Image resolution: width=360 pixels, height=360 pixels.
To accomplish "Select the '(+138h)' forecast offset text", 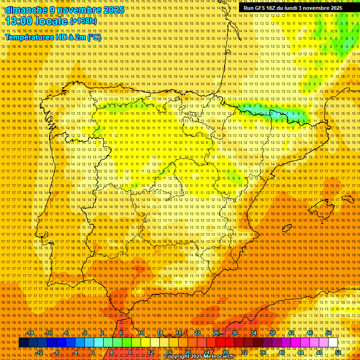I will click(83, 21).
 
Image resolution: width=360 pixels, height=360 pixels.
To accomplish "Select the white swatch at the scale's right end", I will click(333, 343).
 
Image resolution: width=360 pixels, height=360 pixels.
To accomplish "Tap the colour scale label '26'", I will click(216, 333).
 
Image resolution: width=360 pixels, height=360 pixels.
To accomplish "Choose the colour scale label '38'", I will click(272, 333).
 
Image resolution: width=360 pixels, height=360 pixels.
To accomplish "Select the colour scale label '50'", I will click(329, 333).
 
